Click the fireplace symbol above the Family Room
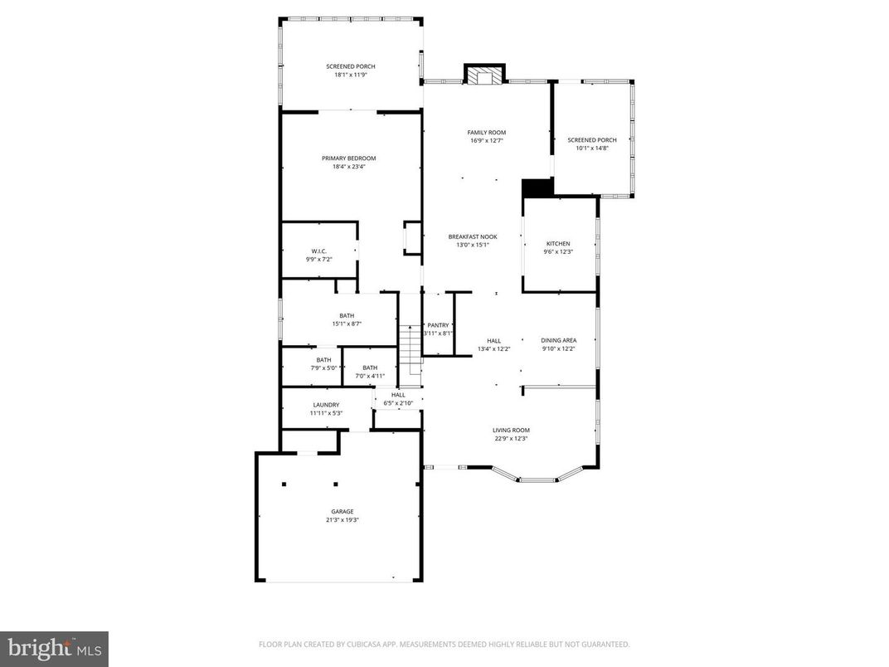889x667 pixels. (483, 75)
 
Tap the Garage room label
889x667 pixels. (342, 511)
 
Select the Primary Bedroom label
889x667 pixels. (349, 158)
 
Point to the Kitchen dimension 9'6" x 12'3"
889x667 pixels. (557, 252)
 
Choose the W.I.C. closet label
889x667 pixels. (319, 251)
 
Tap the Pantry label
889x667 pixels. (438, 325)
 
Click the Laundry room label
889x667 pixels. (326, 405)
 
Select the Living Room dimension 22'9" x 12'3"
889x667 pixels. (511, 439)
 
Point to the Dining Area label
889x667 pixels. (558, 340)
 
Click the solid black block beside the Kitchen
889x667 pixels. (537, 188)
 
